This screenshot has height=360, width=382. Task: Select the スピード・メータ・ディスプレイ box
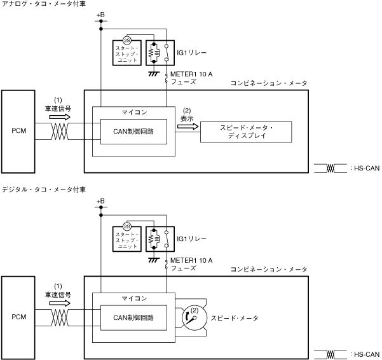[246, 132]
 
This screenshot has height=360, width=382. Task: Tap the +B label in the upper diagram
[100, 15]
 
